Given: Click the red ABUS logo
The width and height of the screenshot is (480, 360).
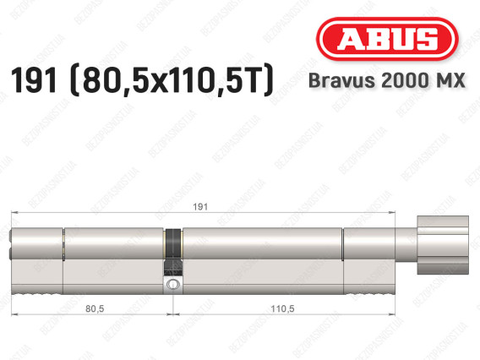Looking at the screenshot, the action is click(387, 39).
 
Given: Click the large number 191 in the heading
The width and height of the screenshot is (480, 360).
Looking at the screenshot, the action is click(34, 80).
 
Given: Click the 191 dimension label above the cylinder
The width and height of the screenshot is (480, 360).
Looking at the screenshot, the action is click(200, 207).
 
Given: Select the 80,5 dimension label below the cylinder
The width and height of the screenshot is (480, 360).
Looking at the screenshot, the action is click(95, 308).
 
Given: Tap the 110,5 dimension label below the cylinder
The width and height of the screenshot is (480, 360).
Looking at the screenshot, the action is click(282, 308).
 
